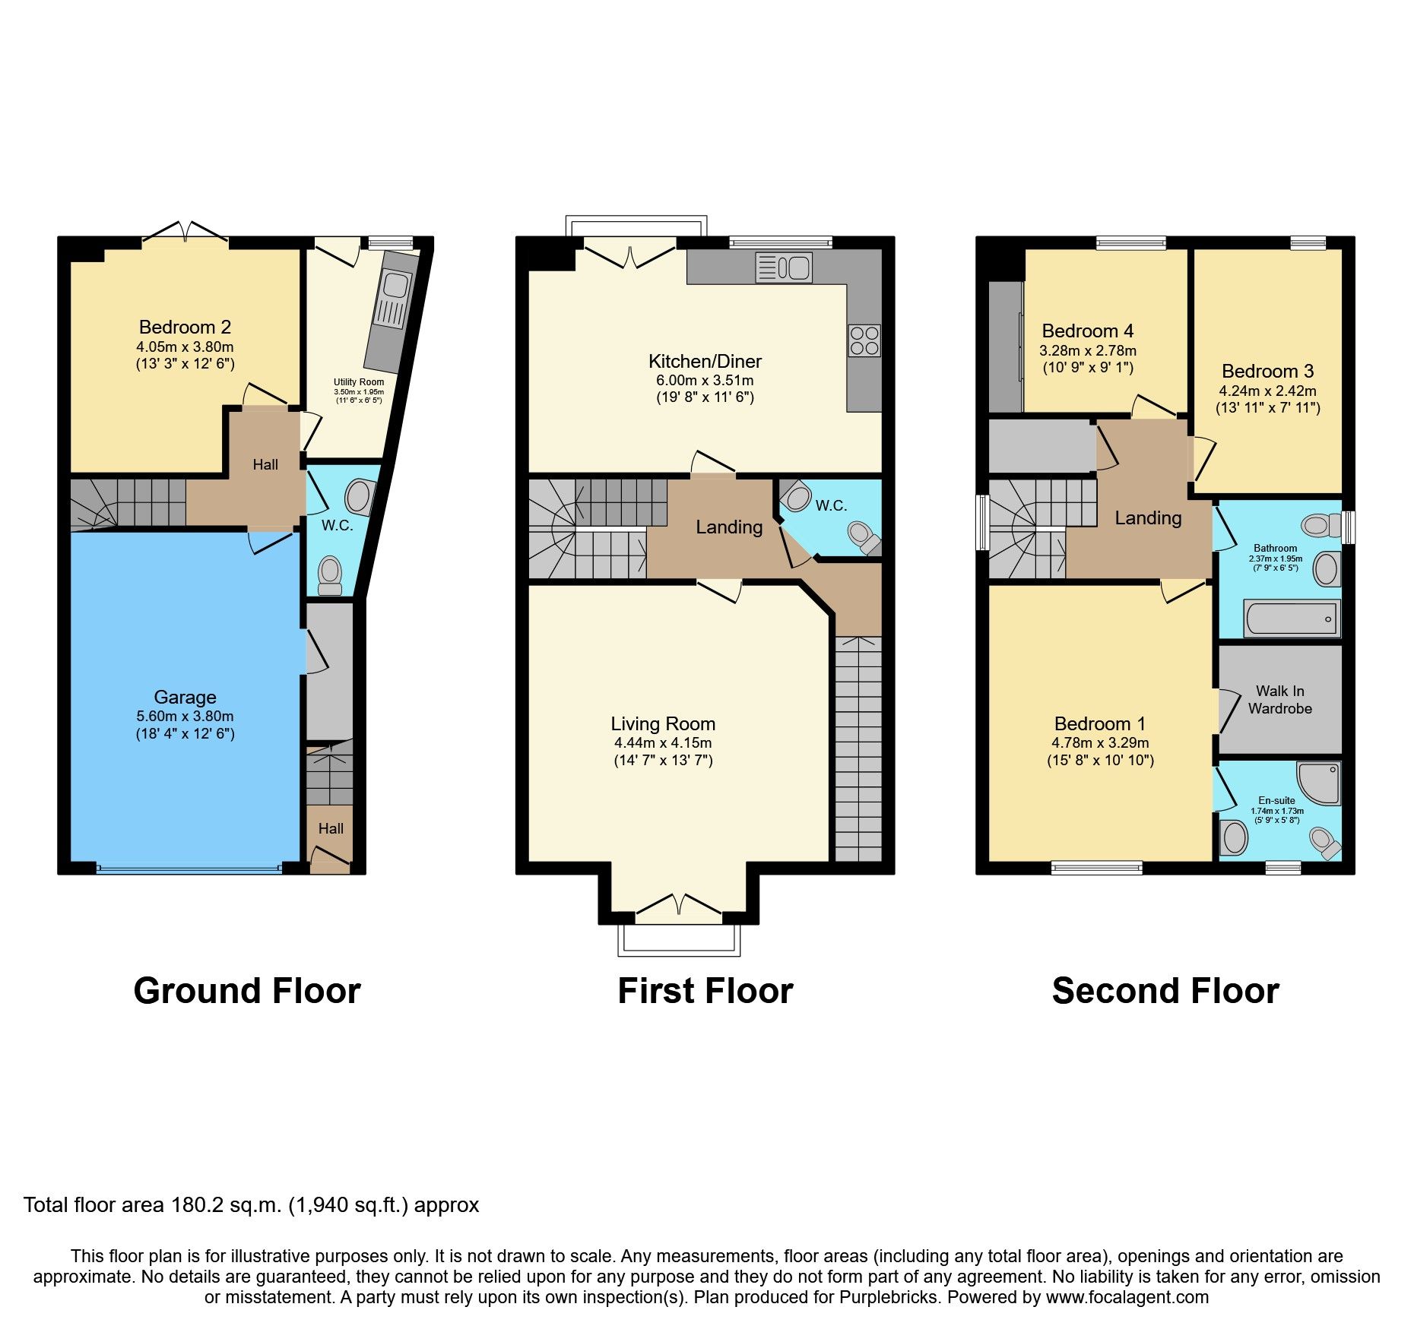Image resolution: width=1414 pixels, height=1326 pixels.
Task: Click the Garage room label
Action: tap(185, 697)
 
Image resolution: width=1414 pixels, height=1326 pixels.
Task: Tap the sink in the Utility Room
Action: tap(395, 286)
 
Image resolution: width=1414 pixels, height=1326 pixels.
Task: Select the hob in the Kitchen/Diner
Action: tap(864, 340)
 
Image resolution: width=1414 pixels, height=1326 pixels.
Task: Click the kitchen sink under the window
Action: tap(784, 268)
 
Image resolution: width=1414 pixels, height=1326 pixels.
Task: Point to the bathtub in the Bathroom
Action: tap(1291, 619)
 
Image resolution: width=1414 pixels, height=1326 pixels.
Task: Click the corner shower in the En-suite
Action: tap(1321, 783)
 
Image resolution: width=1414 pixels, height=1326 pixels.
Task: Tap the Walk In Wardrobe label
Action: tap(1279, 699)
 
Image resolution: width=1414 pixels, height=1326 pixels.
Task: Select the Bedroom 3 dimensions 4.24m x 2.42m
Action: tap(1267, 391)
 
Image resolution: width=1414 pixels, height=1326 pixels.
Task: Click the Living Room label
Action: tap(663, 723)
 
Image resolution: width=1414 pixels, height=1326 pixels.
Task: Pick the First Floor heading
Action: tap(705, 991)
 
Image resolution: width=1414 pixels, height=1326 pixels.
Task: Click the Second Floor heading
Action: tap(1165, 991)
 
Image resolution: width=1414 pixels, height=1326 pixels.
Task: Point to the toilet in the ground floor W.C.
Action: tap(330, 575)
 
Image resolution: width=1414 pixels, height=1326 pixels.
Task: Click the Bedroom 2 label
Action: tap(185, 327)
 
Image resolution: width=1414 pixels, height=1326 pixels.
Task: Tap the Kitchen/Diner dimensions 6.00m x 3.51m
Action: tap(705, 380)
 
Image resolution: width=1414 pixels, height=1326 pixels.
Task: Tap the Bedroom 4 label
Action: tap(1087, 331)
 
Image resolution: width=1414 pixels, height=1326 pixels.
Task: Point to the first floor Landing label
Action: tap(729, 527)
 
